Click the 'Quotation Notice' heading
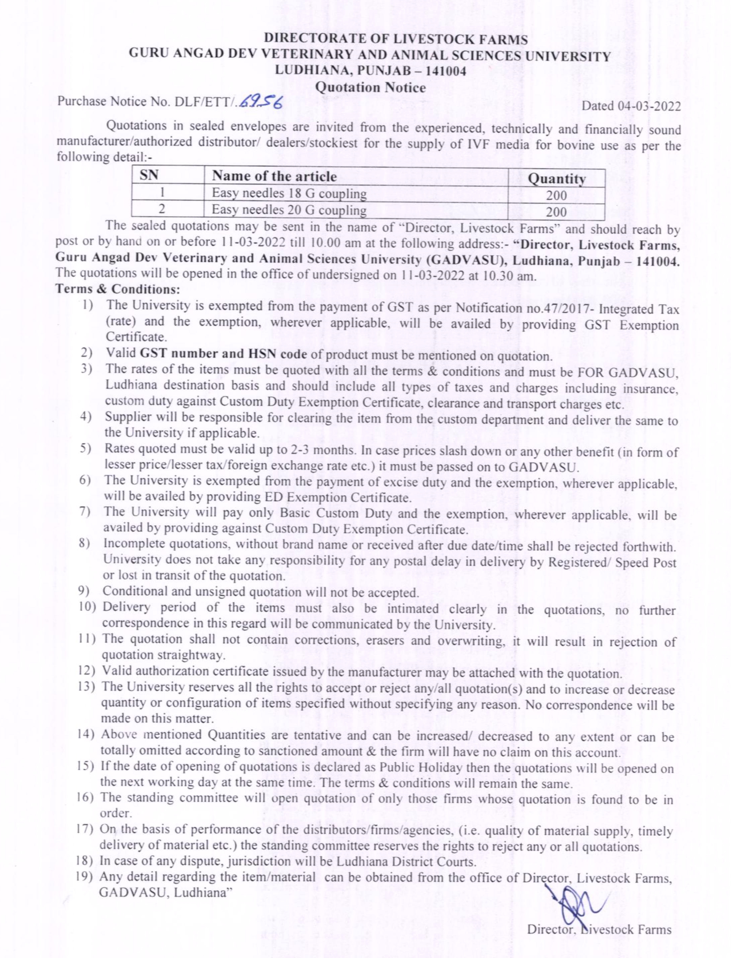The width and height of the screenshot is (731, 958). click(x=370, y=87)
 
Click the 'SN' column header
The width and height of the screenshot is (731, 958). click(x=149, y=176)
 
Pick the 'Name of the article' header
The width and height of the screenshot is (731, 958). click(x=274, y=176)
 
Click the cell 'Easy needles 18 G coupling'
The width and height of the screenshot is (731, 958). click(x=289, y=194)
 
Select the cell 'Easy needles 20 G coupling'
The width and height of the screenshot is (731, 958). click(x=289, y=211)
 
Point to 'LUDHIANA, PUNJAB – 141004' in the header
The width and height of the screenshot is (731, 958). click(x=370, y=71)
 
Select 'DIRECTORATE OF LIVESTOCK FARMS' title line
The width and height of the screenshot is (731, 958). click(x=396, y=40)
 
